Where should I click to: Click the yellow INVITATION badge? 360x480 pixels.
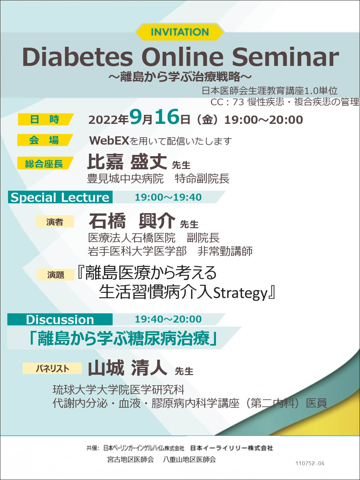[180, 32]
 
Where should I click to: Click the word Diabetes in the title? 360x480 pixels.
[77, 57]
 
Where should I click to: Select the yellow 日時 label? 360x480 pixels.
[45, 119]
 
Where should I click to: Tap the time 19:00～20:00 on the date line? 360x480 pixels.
[264, 120]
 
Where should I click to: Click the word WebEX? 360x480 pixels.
[109, 141]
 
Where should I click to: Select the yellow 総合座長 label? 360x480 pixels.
[45, 163]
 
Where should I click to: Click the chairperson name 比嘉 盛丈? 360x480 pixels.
[127, 162]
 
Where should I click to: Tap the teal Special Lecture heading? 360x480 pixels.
[60, 197]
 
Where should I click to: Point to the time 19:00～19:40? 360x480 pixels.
[168, 197]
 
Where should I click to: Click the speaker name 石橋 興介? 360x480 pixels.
[132, 221]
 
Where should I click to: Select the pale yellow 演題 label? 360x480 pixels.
[55, 275]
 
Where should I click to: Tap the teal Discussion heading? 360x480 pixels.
[60, 320]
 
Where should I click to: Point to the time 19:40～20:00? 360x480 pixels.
[168, 319]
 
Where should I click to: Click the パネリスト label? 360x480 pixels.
[52, 369]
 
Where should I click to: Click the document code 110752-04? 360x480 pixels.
[310, 463]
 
